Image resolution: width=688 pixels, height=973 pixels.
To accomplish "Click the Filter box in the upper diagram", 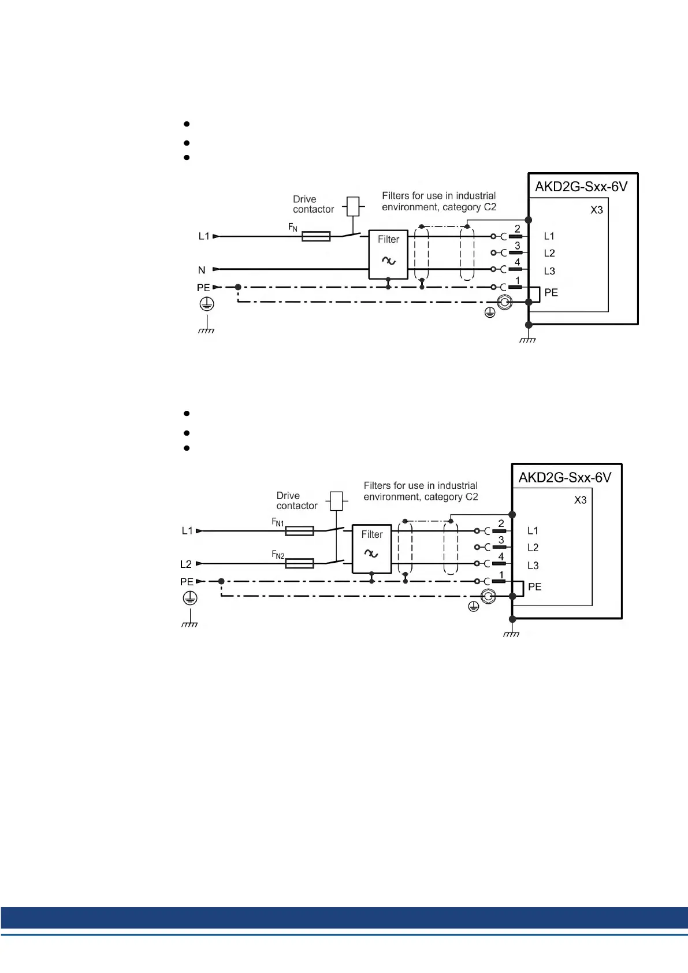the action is [388, 254].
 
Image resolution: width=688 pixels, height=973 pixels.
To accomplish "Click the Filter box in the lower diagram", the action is [371, 548].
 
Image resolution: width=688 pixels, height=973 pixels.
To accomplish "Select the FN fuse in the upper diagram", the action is [316, 236].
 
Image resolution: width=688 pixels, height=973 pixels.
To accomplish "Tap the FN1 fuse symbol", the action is [299, 531].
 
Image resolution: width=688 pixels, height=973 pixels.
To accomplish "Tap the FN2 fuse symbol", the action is [299, 563].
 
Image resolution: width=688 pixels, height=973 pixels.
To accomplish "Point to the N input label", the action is [202, 270].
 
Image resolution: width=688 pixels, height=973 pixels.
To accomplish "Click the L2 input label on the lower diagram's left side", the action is [185, 564].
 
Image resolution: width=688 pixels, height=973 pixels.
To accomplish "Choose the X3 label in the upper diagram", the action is [596, 210].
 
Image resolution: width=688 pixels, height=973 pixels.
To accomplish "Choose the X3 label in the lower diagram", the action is [580, 500].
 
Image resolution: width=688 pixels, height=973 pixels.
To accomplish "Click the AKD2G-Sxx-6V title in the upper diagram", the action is [581, 187].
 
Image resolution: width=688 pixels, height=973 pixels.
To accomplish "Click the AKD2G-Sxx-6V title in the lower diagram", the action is [564, 477].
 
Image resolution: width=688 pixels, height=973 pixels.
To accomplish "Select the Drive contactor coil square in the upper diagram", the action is [352, 206].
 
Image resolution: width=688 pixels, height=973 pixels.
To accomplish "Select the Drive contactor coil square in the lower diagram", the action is [336, 501].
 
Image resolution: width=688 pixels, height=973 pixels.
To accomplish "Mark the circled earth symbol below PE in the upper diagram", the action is [206, 304].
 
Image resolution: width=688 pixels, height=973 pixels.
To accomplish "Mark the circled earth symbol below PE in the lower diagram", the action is [190, 598].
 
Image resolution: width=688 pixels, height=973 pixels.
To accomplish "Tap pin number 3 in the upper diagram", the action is [517, 246].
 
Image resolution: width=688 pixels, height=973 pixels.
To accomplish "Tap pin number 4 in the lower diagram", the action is [501, 556].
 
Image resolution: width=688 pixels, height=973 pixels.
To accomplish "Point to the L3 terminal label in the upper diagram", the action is [549, 271].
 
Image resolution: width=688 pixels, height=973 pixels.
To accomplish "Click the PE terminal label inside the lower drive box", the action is [534, 587].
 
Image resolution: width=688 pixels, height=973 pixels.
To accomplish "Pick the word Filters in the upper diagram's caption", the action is [395, 196].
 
